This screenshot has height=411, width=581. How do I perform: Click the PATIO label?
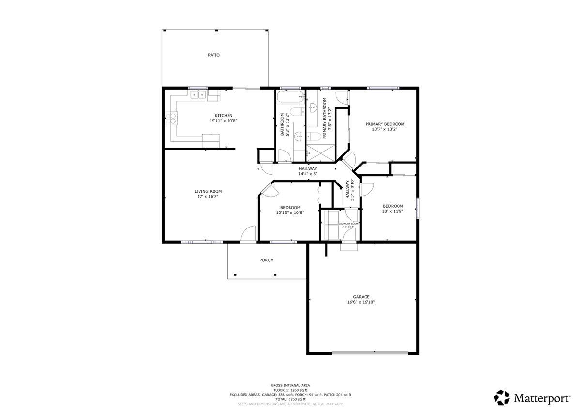pos(214,55)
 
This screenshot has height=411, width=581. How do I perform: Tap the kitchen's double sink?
pos(198,95)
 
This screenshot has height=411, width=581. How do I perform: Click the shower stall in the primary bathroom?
pos(321,152)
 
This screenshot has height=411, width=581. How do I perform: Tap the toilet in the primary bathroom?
pos(313,136)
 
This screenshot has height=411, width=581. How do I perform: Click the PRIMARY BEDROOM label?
pos(384,124)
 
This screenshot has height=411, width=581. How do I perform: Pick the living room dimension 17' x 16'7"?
pos(208,197)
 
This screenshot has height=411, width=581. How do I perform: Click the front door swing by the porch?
pos(248,233)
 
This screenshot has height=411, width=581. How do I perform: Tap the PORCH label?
pos(266,260)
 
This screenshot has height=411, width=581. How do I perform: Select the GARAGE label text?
pos(361,297)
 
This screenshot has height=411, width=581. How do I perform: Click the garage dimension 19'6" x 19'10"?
pos(361,302)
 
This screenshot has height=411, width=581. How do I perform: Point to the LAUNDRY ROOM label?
pos(348,223)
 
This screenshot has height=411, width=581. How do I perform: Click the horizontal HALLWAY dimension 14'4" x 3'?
pos(307,174)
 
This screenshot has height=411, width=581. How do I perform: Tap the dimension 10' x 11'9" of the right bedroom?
pos(393,211)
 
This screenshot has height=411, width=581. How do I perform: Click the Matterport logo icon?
pos(502,398)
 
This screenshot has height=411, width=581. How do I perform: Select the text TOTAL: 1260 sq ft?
pos(290,399)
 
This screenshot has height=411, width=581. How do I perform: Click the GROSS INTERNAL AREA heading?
pos(290,385)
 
